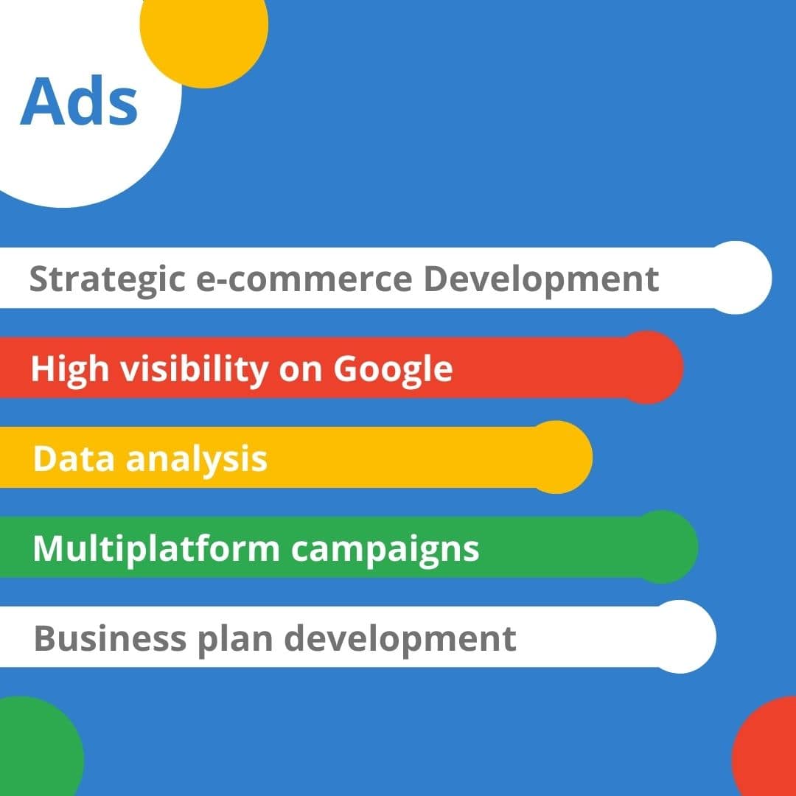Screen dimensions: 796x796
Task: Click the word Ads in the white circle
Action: pos(79,101)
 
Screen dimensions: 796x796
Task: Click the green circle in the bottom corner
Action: pos(35,746)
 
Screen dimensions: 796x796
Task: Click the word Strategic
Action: pos(108,280)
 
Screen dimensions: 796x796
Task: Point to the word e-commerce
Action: pos(304,280)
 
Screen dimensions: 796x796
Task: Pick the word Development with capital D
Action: pos(541,280)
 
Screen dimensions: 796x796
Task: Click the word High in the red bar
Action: pos(70,369)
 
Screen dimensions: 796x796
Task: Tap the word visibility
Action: pos(195,369)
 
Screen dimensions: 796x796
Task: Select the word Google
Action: pos(393,369)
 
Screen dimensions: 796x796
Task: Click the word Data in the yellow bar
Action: pos(74,458)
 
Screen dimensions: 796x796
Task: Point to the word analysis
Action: pos(197,459)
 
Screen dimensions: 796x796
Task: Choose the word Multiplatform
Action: pos(156,549)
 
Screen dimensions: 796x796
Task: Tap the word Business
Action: pos(110,638)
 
